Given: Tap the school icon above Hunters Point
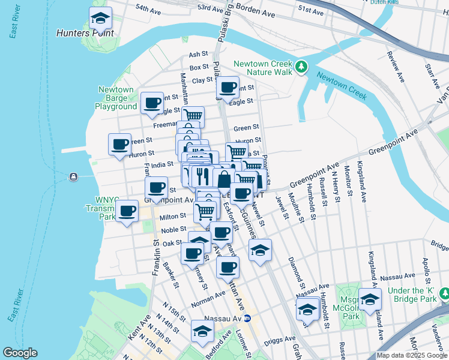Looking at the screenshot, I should [x=100, y=19].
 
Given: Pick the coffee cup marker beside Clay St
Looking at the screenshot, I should [x=228, y=88].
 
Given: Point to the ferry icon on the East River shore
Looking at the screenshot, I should [x=73, y=176].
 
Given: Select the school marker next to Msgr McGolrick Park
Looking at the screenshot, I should [x=370, y=299].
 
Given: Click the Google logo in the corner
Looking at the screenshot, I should [x=20, y=353].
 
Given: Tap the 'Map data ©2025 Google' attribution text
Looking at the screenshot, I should [x=412, y=355].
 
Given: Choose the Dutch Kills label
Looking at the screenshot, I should [x=402, y=2].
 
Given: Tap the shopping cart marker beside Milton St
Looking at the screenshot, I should [x=205, y=211].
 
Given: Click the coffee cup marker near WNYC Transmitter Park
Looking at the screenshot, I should [x=127, y=211].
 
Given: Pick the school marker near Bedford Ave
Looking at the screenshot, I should [x=202, y=331].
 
